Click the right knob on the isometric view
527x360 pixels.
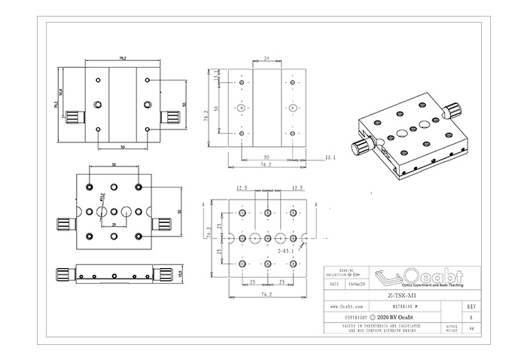pos(449,111)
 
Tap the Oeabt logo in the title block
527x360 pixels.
pos(407,277)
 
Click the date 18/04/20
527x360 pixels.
pos(357,285)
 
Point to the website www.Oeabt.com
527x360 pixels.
pos(349,307)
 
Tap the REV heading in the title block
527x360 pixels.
pos(471,307)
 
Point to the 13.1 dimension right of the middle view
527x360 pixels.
pos(329,157)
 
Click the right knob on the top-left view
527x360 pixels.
pos(172,117)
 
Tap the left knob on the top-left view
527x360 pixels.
pos(73,117)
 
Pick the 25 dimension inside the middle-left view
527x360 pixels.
pos(113,224)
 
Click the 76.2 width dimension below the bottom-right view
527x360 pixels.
pos(267,295)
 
